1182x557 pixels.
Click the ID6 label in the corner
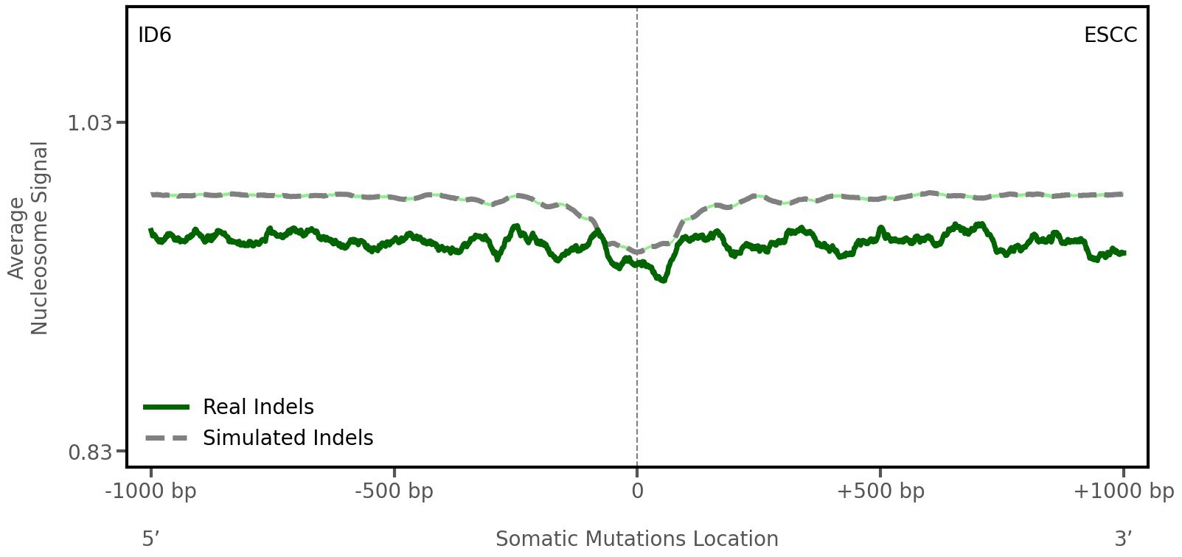tap(155, 35)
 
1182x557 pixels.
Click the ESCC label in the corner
tap(1110, 35)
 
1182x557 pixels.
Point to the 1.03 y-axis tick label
tap(90, 122)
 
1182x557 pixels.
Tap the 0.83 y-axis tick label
tap(90, 451)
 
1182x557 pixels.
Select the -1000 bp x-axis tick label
tap(151, 491)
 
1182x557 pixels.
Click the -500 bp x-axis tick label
tap(394, 491)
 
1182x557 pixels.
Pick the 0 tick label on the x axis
tap(637, 491)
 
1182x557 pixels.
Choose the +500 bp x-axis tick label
tap(880, 491)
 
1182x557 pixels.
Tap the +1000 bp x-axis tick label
tap(1123, 491)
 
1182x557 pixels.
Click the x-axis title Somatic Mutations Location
tap(637, 539)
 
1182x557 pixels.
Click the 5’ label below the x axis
tap(151, 539)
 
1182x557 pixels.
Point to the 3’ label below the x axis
tap(1123, 539)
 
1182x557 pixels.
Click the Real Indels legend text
tap(258, 407)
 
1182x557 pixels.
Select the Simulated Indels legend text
tap(288, 438)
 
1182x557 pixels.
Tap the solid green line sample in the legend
tap(167, 407)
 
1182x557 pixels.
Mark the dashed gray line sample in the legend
tap(167, 438)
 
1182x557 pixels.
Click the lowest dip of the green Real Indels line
tap(664, 280)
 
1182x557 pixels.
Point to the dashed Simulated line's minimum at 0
tap(637, 252)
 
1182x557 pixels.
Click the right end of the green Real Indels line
tap(1123, 253)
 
